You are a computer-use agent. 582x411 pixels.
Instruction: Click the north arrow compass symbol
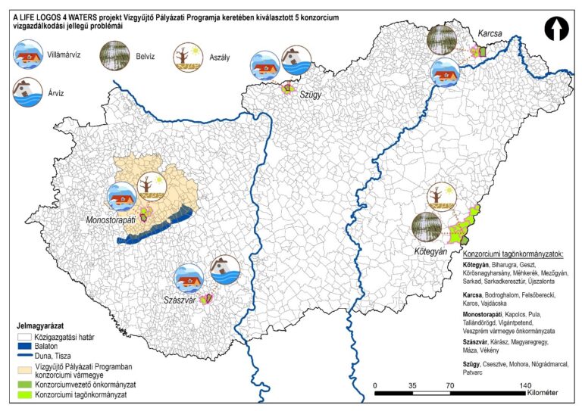click(x=557, y=29)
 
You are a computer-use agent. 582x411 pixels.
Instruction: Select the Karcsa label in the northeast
click(x=490, y=33)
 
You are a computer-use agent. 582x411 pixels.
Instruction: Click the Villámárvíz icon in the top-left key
click(x=29, y=55)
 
